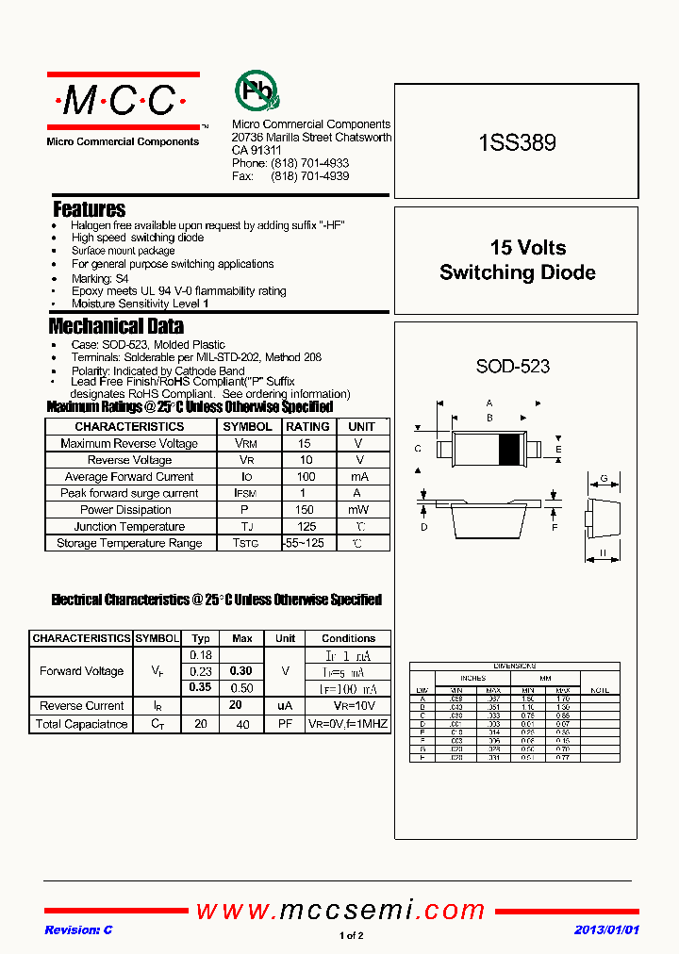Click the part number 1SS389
517,143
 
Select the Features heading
89,209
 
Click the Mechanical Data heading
116,326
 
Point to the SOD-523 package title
512,366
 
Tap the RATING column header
307,426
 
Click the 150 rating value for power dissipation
305,510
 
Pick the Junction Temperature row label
129,527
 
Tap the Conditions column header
348,638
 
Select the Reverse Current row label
81,706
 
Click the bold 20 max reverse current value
237,706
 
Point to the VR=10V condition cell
348,706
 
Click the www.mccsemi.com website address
340,910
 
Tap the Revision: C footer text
78,930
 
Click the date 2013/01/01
606,930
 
